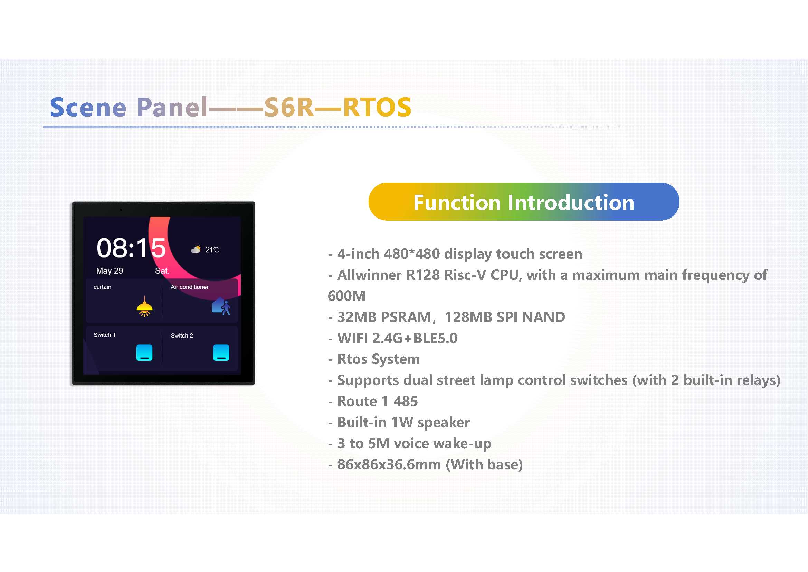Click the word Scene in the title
click(x=88, y=107)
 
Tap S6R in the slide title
click(x=289, y=107)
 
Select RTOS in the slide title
click(x=377, y=107)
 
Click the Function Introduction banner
click(x=524, y=202)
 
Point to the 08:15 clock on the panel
click(x=131, y=248)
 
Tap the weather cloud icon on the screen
click(x=196, y=249)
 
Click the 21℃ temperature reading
click(x=212, y=250)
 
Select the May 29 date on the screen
click(x=110, y=271)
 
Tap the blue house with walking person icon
click(x=221, y=306)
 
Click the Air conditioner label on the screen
click(x=189, y=287)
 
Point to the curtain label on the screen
click(x=102, y=287)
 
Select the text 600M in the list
click(x=346, y=296)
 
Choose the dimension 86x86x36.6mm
click(x=389, y=464)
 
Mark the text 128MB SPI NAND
click(x=505, y=317)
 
